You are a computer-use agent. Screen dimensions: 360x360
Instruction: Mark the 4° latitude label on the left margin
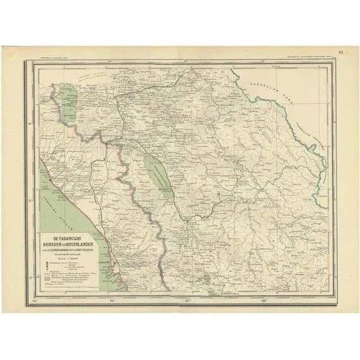coord(30,115)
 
